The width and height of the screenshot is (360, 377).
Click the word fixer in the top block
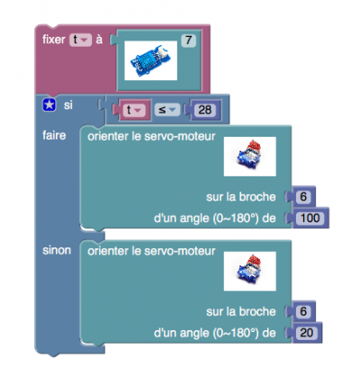54,40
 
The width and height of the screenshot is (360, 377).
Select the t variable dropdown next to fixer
80,40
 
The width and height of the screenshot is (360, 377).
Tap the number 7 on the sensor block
188,40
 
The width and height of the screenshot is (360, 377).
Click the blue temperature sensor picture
151,60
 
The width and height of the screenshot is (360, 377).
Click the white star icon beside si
49,105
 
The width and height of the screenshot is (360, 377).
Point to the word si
68,105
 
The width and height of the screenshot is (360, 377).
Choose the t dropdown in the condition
134,110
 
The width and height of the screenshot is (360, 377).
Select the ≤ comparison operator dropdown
167,110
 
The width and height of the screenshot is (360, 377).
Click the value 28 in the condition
204,110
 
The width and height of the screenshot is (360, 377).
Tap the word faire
54,136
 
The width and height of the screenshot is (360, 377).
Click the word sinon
57,250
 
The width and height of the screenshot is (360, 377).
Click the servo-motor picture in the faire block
250,157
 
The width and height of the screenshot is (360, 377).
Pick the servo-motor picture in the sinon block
250,271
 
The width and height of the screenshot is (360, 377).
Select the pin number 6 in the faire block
303,197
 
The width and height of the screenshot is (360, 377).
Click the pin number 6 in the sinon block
303,311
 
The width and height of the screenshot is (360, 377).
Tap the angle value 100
310,218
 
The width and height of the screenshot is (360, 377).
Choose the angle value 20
307,333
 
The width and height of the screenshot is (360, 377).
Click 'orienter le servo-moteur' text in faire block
151,137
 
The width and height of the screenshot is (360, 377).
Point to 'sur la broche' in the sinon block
241,311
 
